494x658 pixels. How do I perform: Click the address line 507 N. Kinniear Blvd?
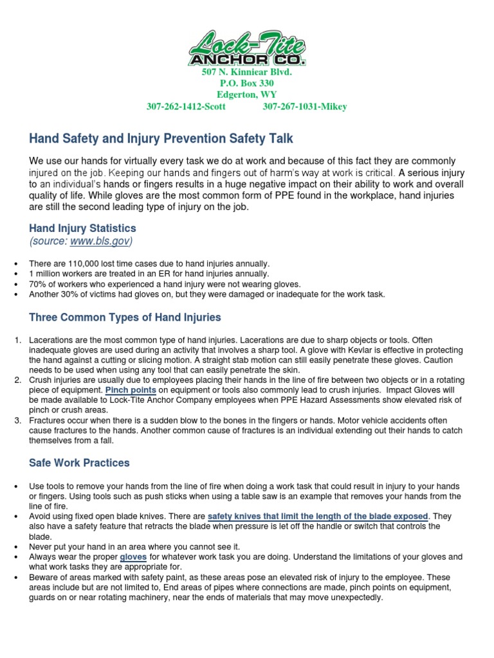pos(247,73)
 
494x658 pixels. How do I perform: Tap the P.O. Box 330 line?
pos(247,84)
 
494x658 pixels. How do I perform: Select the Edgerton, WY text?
pos(247,95)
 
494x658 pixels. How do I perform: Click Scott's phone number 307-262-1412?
pos(187,107)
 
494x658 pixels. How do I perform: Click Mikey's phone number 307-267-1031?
pos(305,107)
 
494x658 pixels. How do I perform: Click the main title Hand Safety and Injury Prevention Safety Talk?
pos(161,138)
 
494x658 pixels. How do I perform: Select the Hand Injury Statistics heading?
pos(83,228)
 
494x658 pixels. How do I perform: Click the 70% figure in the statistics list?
pos(37,284)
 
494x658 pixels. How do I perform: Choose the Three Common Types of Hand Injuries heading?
pos(125,317)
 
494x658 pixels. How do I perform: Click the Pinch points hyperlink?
pos(131,390)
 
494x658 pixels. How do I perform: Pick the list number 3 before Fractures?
pos(18,420)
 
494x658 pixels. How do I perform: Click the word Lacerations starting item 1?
pos(51,339)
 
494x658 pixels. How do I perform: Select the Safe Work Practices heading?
pos(79,463)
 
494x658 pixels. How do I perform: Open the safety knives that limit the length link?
pos(318,517)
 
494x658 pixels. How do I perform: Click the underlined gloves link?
pos(133,556)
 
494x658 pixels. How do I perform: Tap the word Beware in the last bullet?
pos(42,576)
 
